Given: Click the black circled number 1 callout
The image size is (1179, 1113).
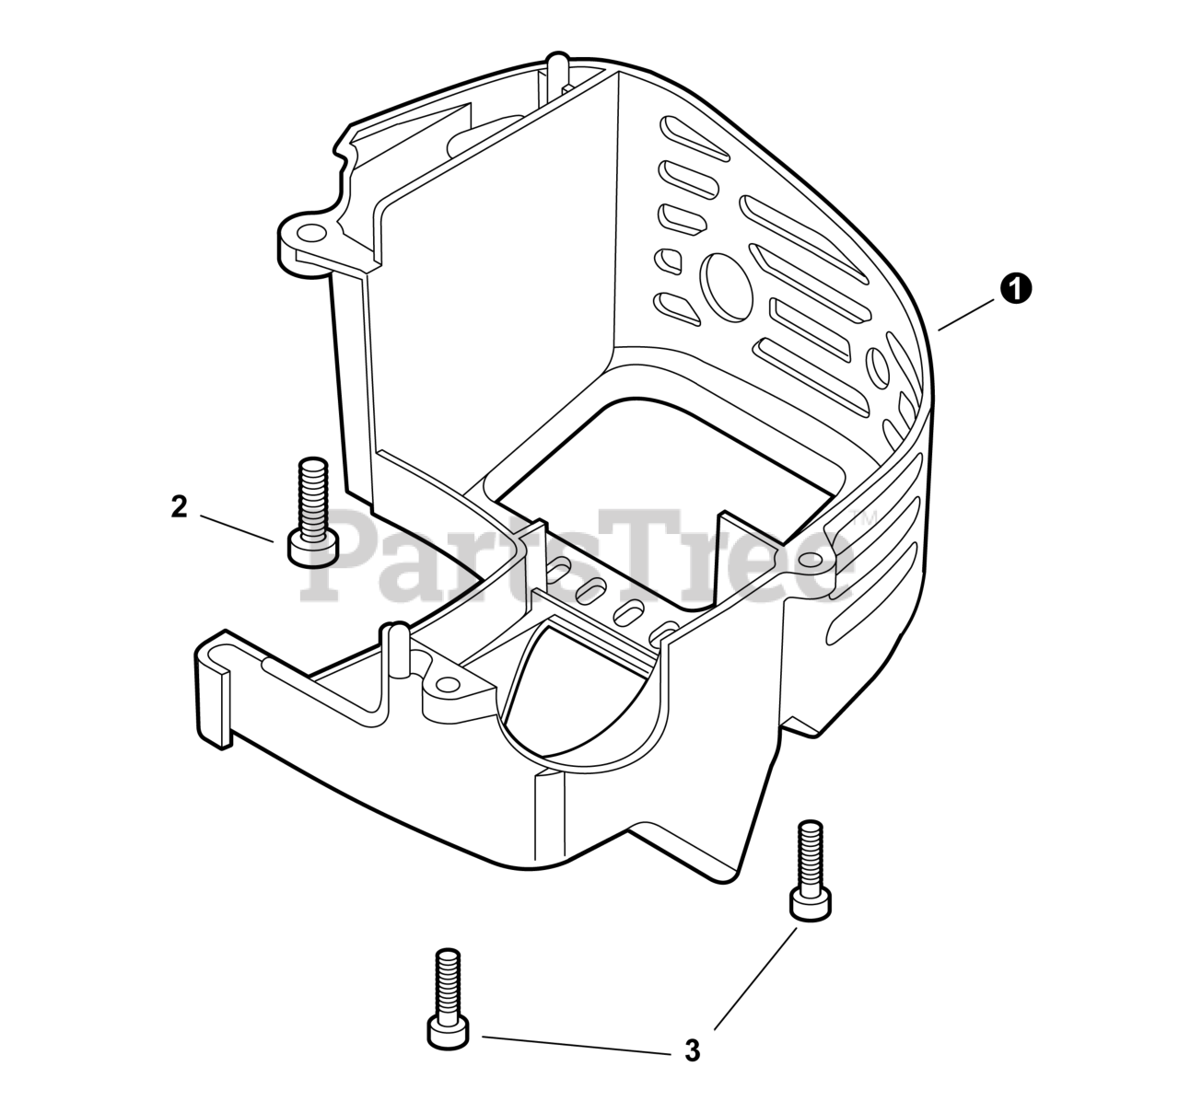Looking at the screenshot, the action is pos(1016,289).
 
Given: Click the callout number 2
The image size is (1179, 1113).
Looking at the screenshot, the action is pos(180,507).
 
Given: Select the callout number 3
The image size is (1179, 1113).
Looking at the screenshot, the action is pos(693,1050).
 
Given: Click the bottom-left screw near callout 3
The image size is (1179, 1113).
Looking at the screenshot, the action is pos(448,999).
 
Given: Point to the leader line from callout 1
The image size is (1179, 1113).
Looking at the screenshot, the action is pos(965,315).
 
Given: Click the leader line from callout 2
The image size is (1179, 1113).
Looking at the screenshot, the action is pos(237,528).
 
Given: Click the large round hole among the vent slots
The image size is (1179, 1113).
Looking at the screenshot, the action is pos(727,288).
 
